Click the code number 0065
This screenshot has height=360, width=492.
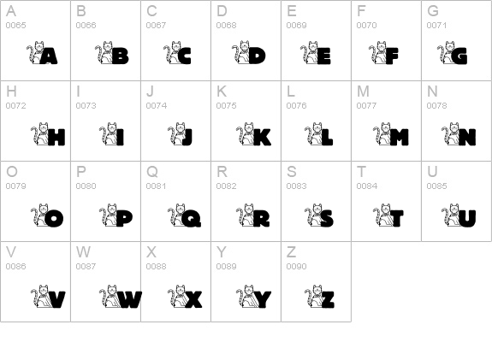click(x=15, y=26)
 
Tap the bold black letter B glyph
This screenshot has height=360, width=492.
click(x=120, y=57)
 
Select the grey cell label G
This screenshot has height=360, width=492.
click(x=433, y=11)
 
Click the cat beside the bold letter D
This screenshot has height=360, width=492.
click(x=242, y=53)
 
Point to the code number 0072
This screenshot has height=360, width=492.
click(x=15, y=106)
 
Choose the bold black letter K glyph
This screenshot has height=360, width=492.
click(x=260, y=137)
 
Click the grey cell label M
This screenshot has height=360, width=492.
click(x=363, y=91)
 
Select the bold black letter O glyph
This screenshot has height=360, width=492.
click(x=53, y=218)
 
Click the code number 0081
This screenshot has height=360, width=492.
click(x=156, y=186)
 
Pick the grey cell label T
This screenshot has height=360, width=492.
click(x=361, y=172)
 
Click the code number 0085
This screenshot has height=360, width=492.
click(x=436, y=186)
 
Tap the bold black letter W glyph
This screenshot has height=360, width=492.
click(x=128, y=298)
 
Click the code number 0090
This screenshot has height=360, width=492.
click(x=296, y=267)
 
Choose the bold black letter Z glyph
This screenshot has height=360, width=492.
click(x=326, y=298)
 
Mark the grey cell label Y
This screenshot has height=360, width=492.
click(x=221, y=252)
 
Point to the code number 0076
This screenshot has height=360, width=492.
click(x=296, y=106)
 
